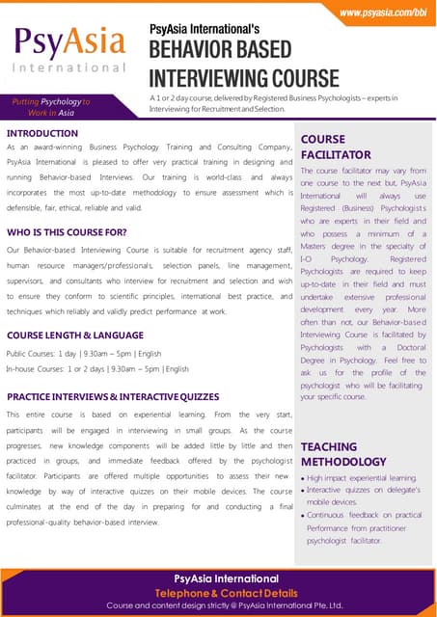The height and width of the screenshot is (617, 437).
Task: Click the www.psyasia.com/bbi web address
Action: [382, 12]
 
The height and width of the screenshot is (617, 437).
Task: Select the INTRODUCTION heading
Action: [42, 133]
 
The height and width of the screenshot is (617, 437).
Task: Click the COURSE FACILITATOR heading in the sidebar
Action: [336, 147]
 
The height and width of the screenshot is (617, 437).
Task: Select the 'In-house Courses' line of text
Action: [97, 368]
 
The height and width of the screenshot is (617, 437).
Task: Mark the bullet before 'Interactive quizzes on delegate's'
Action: [304, 491]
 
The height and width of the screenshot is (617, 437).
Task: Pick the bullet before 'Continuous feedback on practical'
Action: [304, 516]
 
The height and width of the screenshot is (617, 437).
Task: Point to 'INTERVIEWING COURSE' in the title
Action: [244, 77]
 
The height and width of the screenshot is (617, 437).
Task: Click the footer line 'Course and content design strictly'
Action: [224, 605]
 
